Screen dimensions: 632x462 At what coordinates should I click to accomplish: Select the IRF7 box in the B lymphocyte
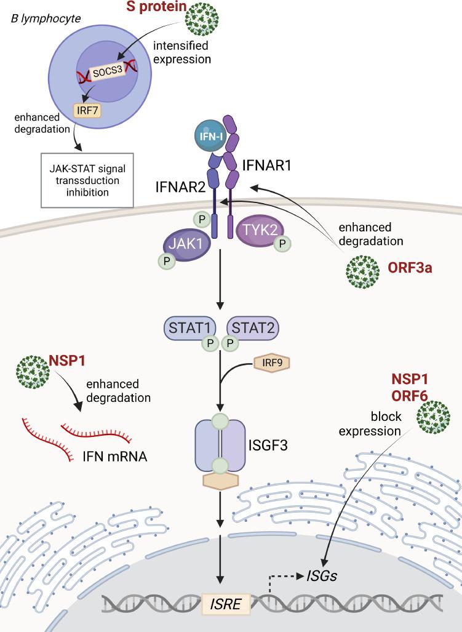tap(87, 110)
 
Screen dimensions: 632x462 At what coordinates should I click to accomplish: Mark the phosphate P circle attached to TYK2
tap(282, 243)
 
